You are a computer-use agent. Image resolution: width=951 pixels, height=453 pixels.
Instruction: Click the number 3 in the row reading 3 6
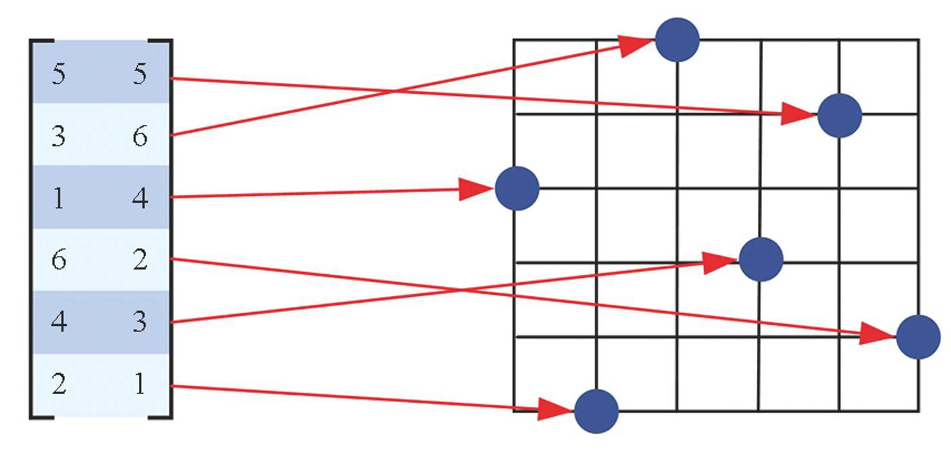(59, 137)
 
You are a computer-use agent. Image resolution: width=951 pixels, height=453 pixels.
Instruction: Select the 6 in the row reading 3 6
(140, 137)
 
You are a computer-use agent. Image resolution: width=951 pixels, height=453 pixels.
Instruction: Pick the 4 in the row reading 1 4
(140, 198)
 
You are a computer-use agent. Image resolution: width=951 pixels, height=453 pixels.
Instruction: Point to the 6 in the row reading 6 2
(59, 260)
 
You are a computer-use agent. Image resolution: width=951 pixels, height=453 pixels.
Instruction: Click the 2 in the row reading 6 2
(140, 260)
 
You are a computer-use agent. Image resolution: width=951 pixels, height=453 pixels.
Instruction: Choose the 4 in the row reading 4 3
(59, 322)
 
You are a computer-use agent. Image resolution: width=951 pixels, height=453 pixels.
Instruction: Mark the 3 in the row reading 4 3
(140, 322)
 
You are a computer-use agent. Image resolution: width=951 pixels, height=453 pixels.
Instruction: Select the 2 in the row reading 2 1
(59, 384)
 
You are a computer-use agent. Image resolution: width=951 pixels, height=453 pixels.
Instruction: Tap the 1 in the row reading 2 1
(140, 384)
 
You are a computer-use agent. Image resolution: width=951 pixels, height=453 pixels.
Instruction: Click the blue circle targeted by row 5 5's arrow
(839, 115)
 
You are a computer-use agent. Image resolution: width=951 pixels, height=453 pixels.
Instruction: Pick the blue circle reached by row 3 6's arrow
(677, 40)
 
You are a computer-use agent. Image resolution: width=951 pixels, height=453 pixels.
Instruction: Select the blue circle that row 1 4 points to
(517, 188)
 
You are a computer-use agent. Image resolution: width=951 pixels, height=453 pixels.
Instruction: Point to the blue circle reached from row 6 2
(919, 337)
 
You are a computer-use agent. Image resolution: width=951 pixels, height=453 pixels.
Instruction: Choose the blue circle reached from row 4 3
(761, 260)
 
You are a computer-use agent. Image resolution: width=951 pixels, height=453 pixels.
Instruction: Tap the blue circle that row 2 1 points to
(596, 411)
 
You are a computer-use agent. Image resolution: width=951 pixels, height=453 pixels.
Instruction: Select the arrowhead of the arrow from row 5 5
(799, 114)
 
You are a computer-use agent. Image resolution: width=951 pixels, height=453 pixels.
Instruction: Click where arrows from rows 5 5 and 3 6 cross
(391, 91)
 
